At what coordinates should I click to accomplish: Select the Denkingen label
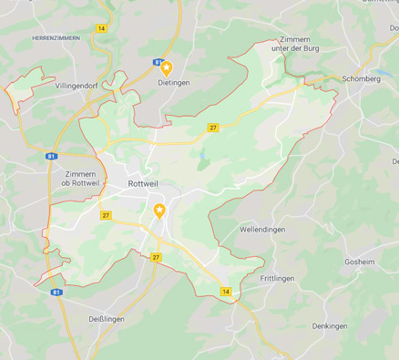click(x=330, y=325)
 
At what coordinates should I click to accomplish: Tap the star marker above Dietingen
click(x=166, y=67)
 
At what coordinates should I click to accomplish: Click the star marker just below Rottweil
click(x=159, y=211)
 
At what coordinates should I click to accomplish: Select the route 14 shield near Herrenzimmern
click(x=101, y=29)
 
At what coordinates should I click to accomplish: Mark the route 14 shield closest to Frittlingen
click(x=226, y=292)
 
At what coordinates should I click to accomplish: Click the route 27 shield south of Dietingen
click(x=212, y=128)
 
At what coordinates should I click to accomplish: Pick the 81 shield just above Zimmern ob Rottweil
click(x=52, y=157)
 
